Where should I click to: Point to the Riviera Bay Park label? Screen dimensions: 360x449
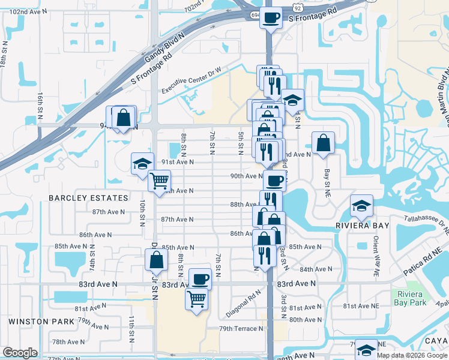[411, 298]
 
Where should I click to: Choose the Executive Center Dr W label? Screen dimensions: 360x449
[191, 81]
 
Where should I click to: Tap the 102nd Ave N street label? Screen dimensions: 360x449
[29, 12]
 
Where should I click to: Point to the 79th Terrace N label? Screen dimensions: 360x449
[241, 329]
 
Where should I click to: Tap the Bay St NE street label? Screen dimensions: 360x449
[328, 175]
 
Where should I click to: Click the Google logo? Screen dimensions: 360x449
[20, 353]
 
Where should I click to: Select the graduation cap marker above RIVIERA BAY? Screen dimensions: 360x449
[362, 206]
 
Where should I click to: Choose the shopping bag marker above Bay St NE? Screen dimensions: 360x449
[323, 143]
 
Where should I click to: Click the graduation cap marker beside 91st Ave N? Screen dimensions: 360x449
[142, 163]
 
